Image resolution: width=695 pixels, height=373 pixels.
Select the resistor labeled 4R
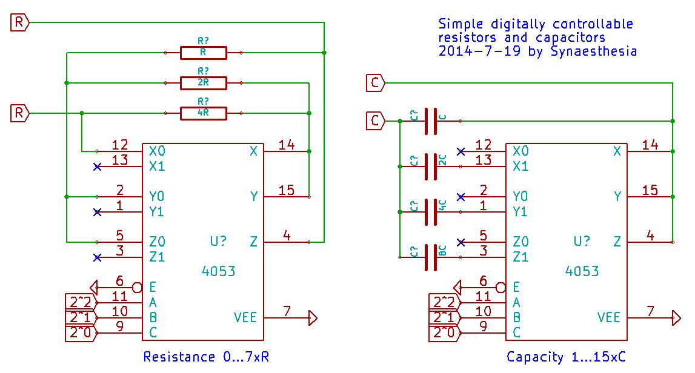coord(203,113)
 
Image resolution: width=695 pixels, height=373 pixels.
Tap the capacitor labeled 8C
coord(431,257)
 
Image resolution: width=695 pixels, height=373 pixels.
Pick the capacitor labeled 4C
coord(431,212)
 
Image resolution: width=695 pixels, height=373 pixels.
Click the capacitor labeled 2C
coord(431,167)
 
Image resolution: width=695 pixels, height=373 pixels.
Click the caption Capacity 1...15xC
coord(566,357)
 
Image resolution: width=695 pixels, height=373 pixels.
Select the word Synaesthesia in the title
coord(594,51)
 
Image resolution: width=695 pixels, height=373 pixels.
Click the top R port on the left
coord(20,23)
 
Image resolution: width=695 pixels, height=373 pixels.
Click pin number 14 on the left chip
coord(286,145)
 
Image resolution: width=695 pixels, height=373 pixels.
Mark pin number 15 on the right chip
coord(650,190)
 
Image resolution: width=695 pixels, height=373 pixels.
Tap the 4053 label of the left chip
coord(218,271)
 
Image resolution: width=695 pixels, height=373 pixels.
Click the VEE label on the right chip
coord(609,317)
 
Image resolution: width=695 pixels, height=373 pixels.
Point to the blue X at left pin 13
coord(97,167)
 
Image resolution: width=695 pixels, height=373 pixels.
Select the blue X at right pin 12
coord(461,151)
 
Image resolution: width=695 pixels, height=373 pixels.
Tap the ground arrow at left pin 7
coord(313,317)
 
